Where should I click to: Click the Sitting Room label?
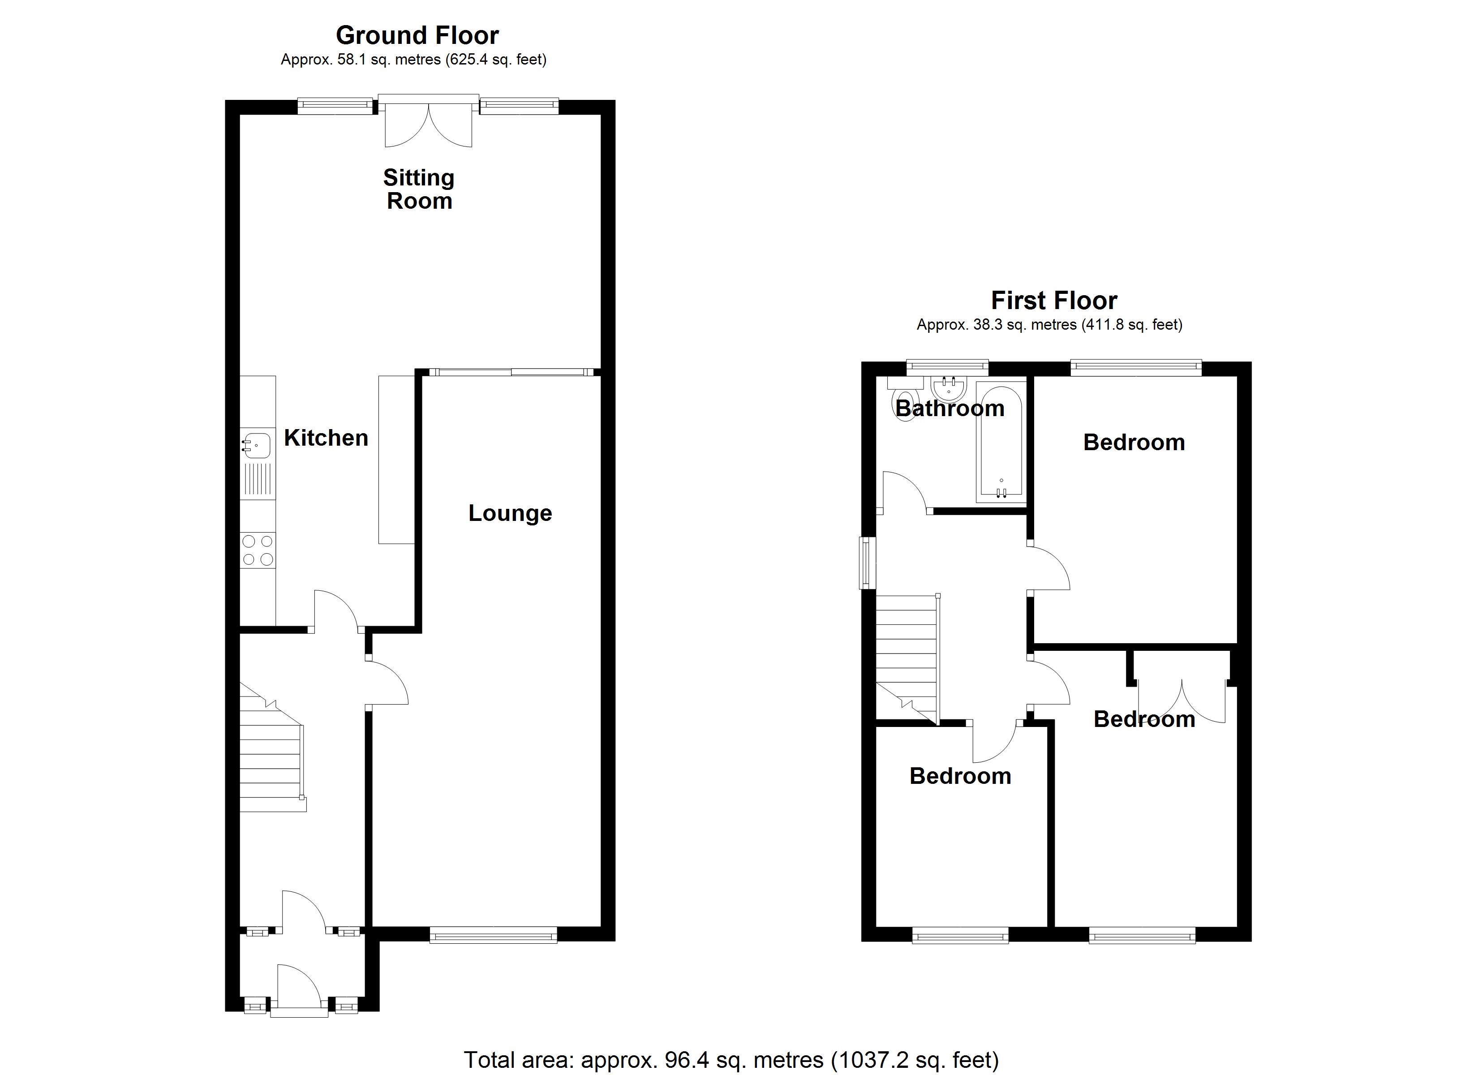(x=418, y=189)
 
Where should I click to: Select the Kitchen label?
(x=326, y=438)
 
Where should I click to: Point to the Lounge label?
(x=510, y=513)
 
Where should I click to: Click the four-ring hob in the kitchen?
(x=258, y=550)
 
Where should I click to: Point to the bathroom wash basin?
(x=949, y=389)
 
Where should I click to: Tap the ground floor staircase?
(x=271, y=756)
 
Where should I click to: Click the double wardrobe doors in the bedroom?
(x=1182, y=701)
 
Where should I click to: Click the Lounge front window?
(x=493, y=936)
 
